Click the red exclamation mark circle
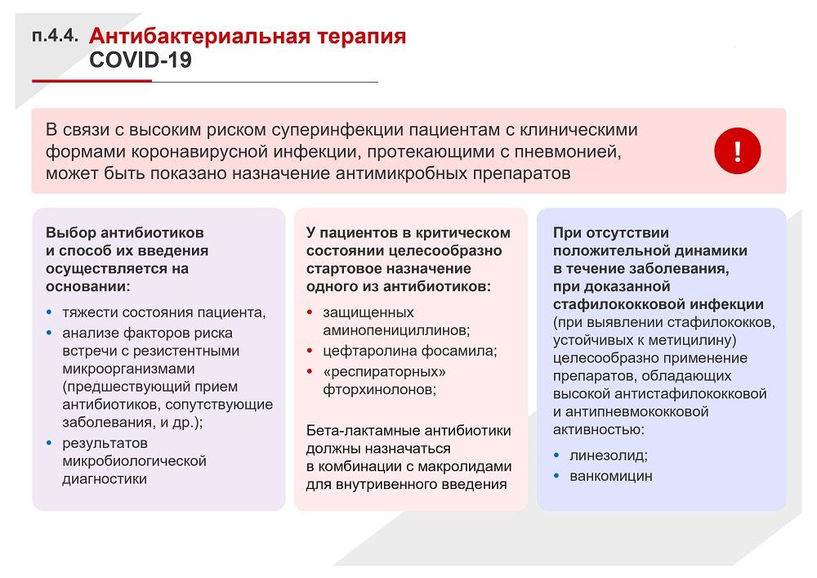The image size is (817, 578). click(x=737, y=150)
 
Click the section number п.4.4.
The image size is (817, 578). click(x=56, y=36)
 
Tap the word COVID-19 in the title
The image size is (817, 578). click(x=141, y=60)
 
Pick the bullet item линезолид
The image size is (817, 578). click(x=609, y=455)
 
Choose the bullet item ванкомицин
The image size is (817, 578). click(x=610, y=476)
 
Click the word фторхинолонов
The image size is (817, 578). click(x=379, y=389)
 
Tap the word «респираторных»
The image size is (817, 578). click(x=385, y=372)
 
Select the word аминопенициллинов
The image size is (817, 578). click(x=396, y=330)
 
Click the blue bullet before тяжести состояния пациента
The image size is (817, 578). click(x=49, y=312)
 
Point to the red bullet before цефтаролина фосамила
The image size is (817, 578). click(x=310, y=351)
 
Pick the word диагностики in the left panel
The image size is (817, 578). click(x=105, y=479)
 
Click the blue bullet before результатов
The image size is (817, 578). click(x=49, y=443)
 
